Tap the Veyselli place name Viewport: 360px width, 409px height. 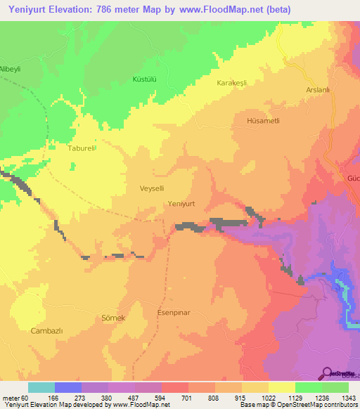click(153, 189)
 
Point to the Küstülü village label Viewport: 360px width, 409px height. click(144, 79)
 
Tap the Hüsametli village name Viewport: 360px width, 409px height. click(264, 121)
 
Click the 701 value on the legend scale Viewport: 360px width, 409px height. click(188, 398)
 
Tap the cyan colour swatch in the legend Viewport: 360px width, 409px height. click(41, 387)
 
